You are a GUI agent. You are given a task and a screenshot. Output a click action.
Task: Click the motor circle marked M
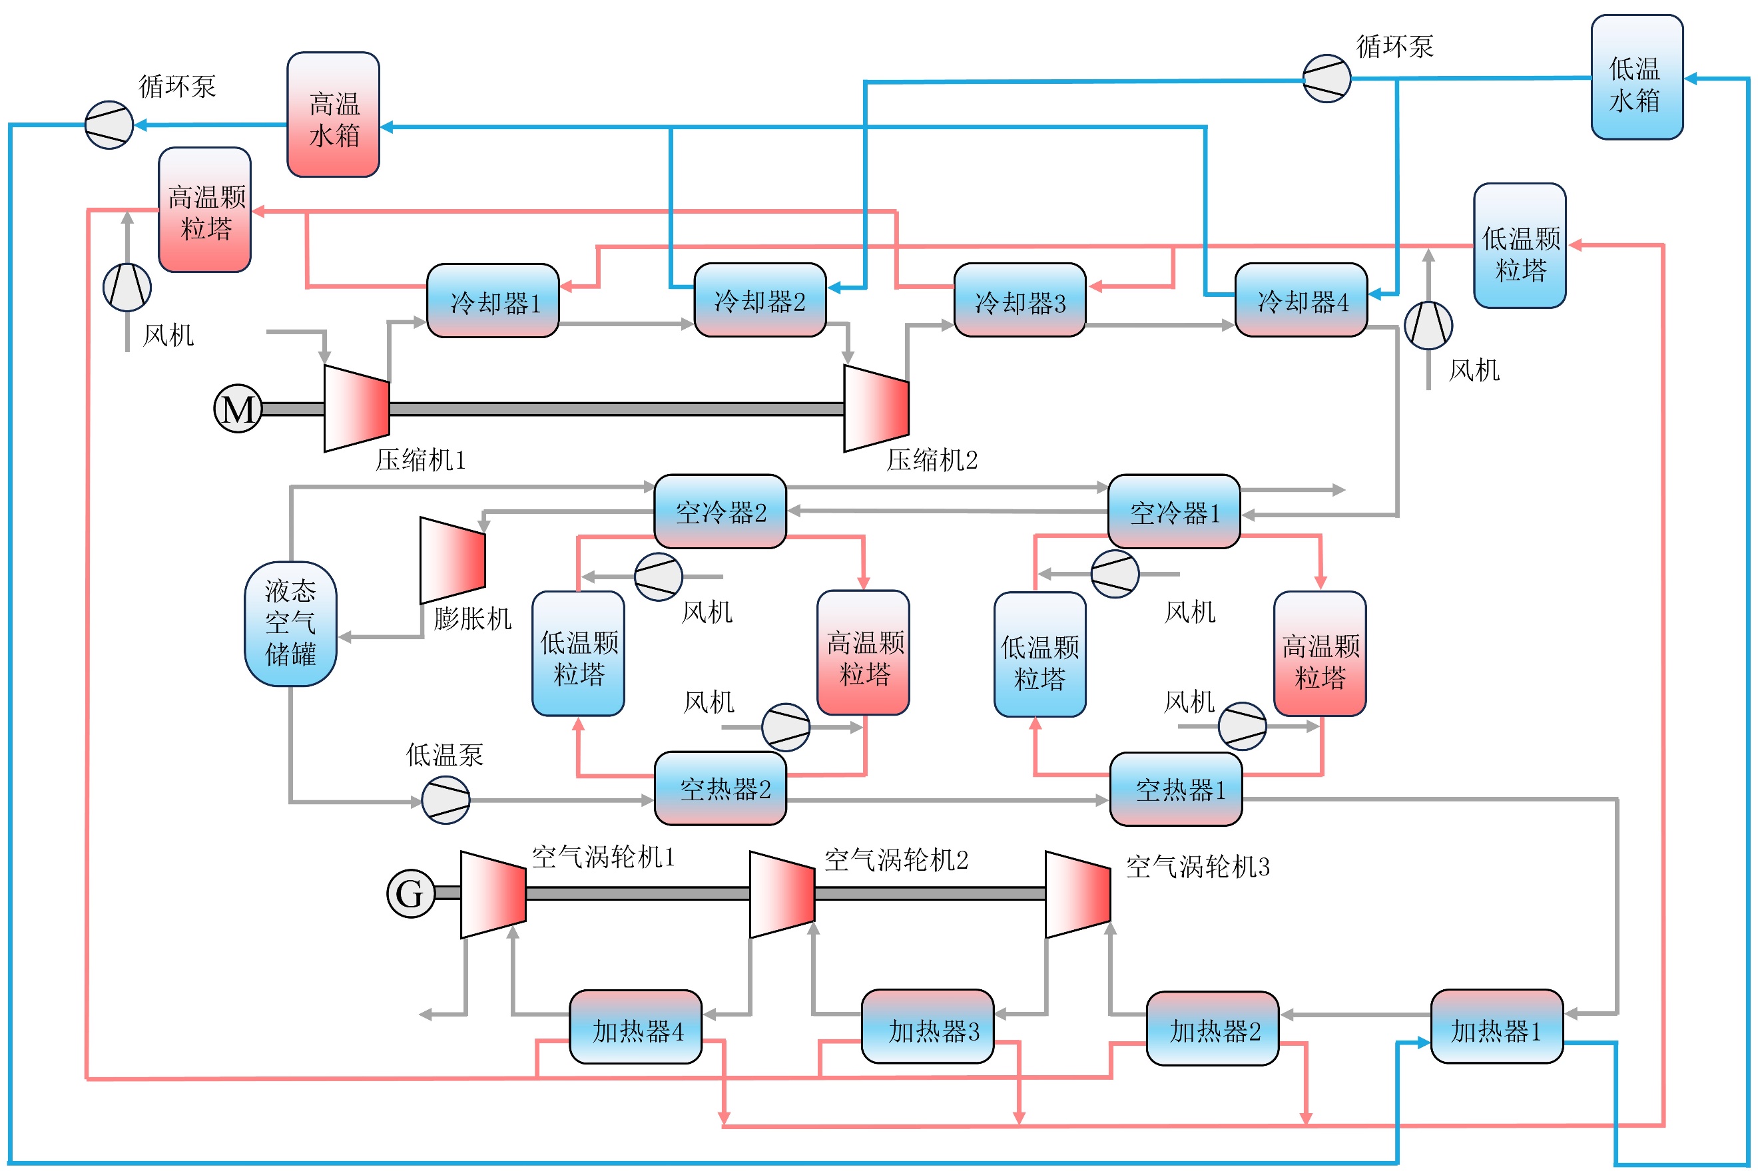(238, 409)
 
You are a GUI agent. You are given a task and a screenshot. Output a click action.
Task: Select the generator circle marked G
(411, 893)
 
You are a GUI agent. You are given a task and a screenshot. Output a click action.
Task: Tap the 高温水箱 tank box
(333, 115)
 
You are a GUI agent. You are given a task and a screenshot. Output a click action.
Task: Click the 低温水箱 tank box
(1637, 77)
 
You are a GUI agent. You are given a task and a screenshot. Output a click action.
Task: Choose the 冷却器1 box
(493, 300)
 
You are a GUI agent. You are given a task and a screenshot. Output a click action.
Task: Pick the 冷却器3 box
(1020, 300)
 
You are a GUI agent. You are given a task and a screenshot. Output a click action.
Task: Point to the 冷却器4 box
(1302, 300)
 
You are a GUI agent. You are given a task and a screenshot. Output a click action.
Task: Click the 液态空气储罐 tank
(290, 624)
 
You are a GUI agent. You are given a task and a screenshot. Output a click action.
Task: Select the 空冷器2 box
(720, 511)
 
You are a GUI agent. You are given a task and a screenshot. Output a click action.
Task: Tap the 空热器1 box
(1176, 789)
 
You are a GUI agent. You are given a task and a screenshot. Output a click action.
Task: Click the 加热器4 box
(635, 1027)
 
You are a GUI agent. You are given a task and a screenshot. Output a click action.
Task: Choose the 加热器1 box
(1496, 1026)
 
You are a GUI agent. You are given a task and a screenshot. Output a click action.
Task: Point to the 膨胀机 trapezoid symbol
(453, 560)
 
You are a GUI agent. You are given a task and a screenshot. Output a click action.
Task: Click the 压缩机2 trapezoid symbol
(876, 409)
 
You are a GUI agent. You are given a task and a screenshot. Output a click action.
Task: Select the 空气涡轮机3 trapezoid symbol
(1077, 895)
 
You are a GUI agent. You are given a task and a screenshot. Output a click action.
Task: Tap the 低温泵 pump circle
(446, 800)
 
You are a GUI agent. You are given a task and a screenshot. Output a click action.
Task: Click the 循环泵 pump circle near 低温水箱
(1326, 78)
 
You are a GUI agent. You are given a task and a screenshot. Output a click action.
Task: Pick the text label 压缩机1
(420, 460)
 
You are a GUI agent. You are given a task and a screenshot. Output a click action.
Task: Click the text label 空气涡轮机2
(896, 860)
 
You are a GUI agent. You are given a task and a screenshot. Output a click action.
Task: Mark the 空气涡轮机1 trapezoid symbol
(493, 895)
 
